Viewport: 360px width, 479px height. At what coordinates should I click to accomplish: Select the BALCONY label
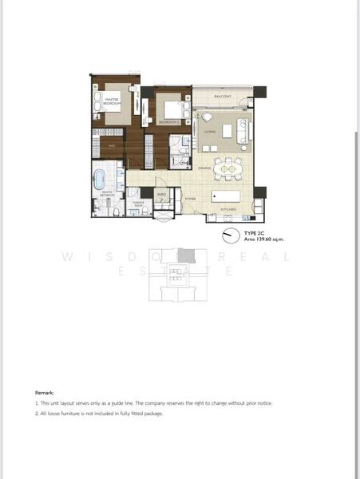pyautogui.click(x=223, y=97)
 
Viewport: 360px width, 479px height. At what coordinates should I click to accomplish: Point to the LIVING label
pyautogui.click(x=210, y=132)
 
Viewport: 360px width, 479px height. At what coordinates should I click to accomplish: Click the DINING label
pyautogui.click(x=205, y=168)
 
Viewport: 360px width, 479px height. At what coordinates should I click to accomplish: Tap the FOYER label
pyautogui.click(x=191, y=196)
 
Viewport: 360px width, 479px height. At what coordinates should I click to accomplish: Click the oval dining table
pyautogui.click(x=230, y=168)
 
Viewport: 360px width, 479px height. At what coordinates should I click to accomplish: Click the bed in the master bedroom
pyautogui.click(x=114, y=108)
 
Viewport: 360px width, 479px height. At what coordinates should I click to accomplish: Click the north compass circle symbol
pyautogui.click(x=231, y=235)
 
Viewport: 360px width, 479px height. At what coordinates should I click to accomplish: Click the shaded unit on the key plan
pyautogui.click(x=185, y=254)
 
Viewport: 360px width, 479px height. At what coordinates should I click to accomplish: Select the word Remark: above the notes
pyautogui.click(x=44, y=394)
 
